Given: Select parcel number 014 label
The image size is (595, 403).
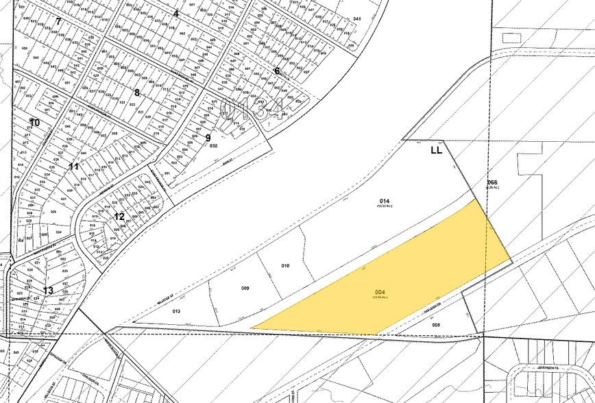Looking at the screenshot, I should (385, 201).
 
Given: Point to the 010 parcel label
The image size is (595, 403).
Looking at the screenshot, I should (286, 265).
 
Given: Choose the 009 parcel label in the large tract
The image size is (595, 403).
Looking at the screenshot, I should (245, 288).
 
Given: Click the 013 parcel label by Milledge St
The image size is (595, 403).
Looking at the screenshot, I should (176, 311).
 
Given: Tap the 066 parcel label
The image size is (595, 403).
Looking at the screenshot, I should (491, 182).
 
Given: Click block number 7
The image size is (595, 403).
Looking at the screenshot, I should (59, 21).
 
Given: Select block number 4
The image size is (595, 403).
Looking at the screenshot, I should (175, 13).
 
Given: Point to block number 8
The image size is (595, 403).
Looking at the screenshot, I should (136, 93).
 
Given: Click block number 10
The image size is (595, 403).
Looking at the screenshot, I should (34, 123).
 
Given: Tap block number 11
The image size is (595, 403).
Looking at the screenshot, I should (74, 167).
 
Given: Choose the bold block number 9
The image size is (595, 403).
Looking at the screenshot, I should (208, 137).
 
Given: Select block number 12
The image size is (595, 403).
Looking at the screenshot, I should (119, 217).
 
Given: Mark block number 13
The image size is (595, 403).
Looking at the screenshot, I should (48, 290).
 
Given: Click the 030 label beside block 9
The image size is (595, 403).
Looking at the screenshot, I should (213, 146).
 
